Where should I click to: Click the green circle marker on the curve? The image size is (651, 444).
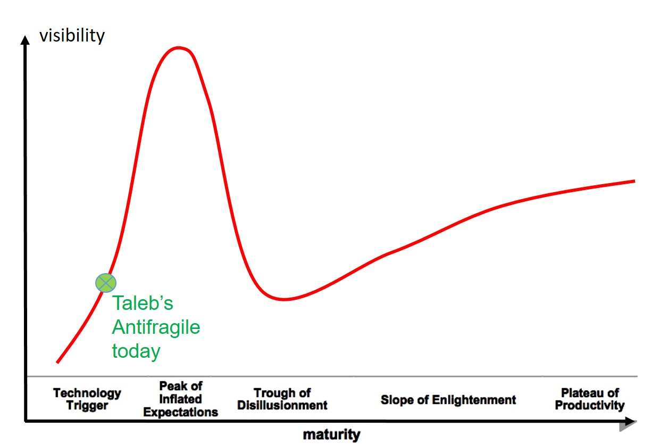pos(106,283)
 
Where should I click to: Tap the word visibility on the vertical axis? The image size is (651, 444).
pos(72,36)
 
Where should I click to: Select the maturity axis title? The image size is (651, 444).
pos(331,435)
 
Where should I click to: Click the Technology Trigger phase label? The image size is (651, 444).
pos(87,399)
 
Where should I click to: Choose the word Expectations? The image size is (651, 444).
pos(180,412)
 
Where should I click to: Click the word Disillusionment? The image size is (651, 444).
pos(282,405)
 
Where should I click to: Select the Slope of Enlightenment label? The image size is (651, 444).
pos(448,400)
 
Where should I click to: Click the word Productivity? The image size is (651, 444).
pos(590,405)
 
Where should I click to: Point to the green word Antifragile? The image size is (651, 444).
pos(156,327)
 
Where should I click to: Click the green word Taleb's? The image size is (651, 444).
pos(143,303)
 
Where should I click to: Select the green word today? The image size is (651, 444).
pos(136,352)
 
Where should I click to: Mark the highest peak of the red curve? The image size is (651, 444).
pos(178,48)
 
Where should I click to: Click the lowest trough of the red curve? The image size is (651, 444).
pos(284,299)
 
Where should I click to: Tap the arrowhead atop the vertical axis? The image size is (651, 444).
pos(25,40)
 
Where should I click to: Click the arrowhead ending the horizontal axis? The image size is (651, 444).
pos(631,421)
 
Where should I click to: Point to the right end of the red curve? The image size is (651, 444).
pos(635,181)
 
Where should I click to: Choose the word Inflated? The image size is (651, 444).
pos(180,399)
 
